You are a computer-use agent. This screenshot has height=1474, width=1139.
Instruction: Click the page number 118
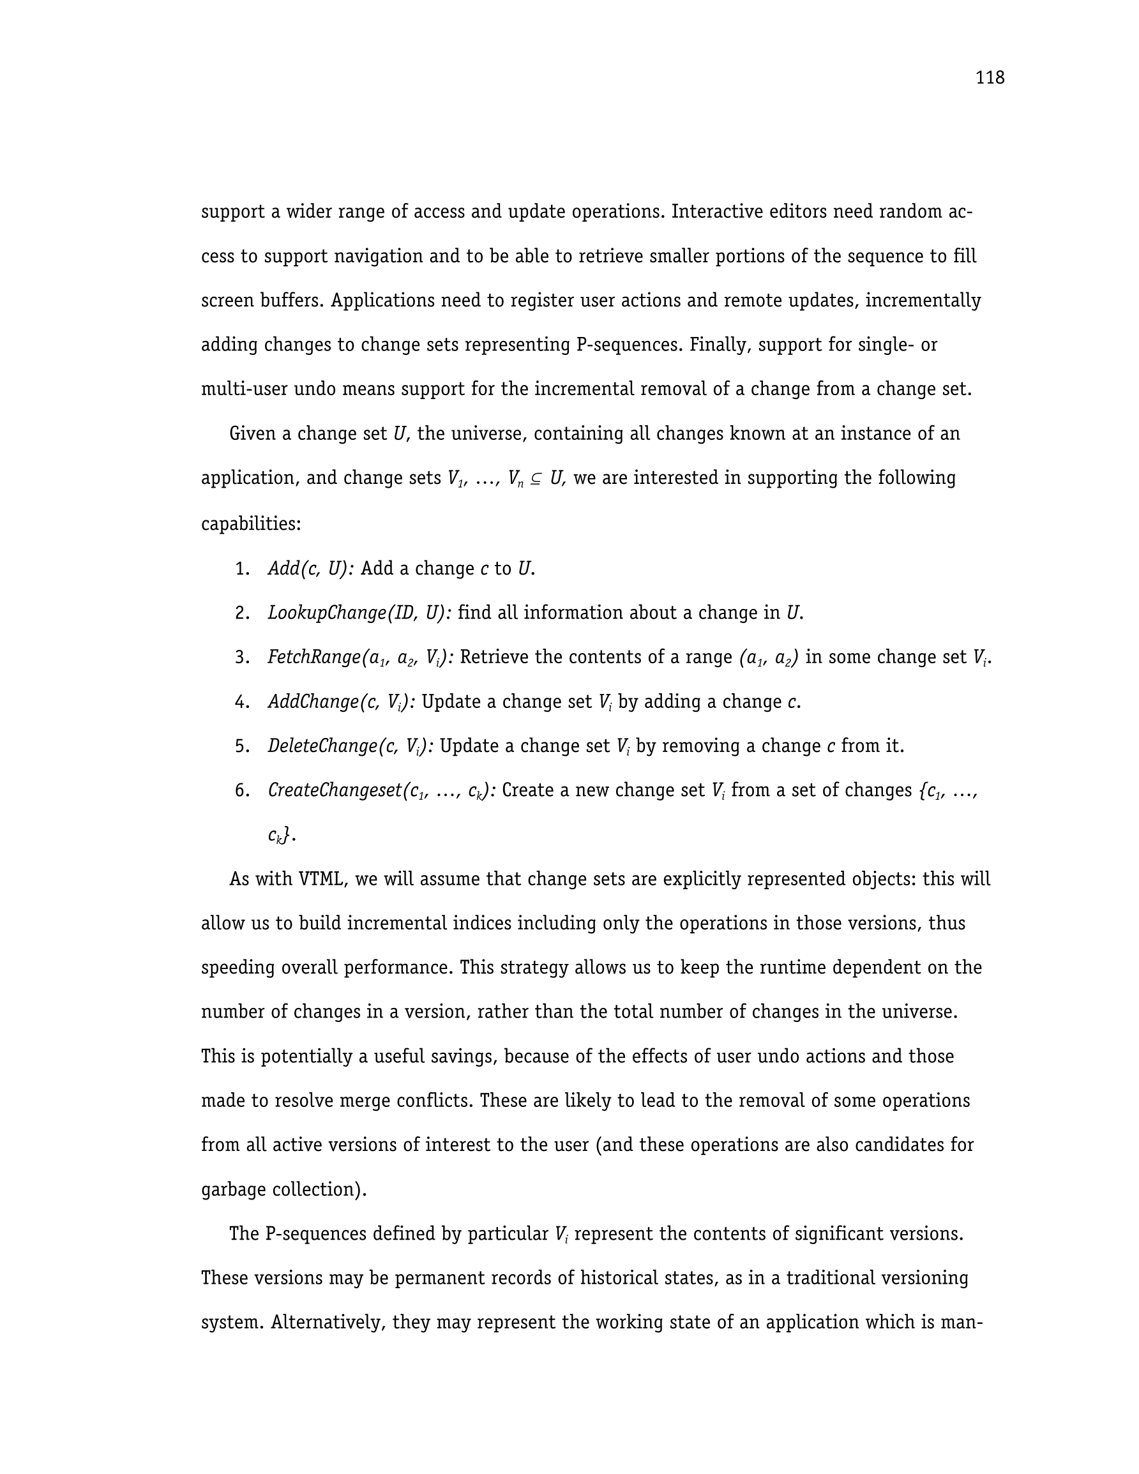click(989, 79)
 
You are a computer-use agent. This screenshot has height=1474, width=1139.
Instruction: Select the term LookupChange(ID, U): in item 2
click(359, 613)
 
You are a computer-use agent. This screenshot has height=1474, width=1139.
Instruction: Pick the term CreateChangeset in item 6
click(334, 790)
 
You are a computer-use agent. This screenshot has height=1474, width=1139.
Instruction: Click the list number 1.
click(243, 569)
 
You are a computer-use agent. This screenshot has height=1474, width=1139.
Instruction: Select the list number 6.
click(243, 790)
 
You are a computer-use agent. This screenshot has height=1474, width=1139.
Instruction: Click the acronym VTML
click(322, 880)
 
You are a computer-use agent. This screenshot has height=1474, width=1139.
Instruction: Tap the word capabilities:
click(251, 523)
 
